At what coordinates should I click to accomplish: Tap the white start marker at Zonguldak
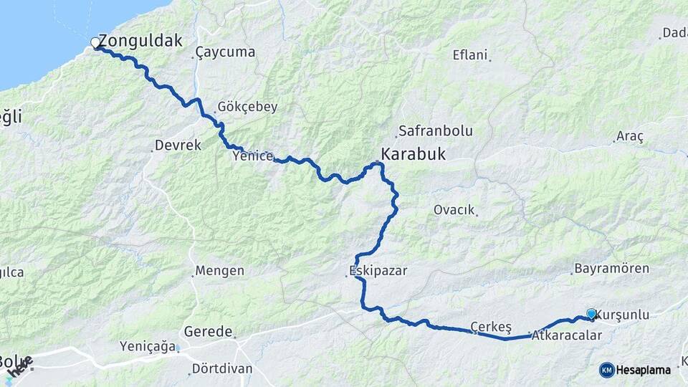(95, 44)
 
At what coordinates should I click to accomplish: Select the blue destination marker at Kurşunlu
(591, 314)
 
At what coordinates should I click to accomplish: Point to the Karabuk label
(413, 154)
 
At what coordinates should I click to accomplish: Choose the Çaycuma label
(225, 52)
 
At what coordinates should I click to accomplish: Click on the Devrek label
(178, 145)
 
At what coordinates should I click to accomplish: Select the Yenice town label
(252, 156)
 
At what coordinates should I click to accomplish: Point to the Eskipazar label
(378, 271)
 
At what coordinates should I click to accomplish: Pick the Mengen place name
(220, 271)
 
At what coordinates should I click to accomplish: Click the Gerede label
(209, 332)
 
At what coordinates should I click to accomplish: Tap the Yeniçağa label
(148, 347)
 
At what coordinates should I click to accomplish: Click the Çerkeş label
(491, 328)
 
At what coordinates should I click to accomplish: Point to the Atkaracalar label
(567, 335)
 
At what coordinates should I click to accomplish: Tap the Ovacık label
(454, 210)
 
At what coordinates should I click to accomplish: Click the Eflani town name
(470, 55)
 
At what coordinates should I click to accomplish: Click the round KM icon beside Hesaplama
(606, 370)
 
